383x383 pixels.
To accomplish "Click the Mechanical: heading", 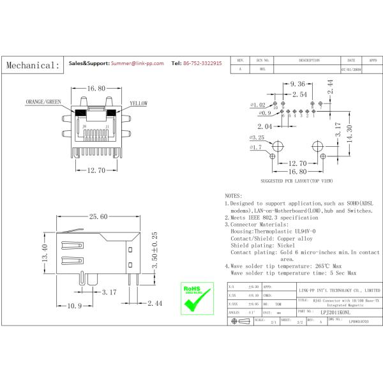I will click(33, 65).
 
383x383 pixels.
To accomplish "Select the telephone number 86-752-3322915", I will click(202, 64).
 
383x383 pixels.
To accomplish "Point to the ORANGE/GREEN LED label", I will click(43, 102).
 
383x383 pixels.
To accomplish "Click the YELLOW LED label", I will click(139, 103).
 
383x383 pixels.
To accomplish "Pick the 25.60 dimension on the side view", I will click(98, 217).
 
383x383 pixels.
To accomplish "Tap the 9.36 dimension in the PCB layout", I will click(298, 84).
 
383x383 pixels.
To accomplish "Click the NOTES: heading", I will click(234, 195).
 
